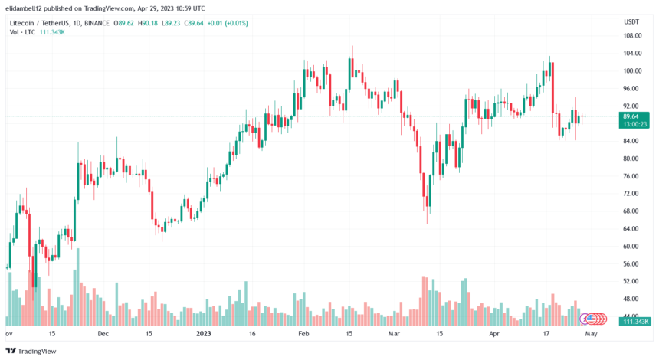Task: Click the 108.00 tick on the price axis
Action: coord(631,36)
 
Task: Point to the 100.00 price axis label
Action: coord(631,71)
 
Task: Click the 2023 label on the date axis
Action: coord(203,334)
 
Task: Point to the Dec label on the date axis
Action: coord(103,334)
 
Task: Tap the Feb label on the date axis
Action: coord(303,334)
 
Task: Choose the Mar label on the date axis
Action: coord(394,334)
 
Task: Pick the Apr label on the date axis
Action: coord(494,334)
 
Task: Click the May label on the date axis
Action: coord(591,334)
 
